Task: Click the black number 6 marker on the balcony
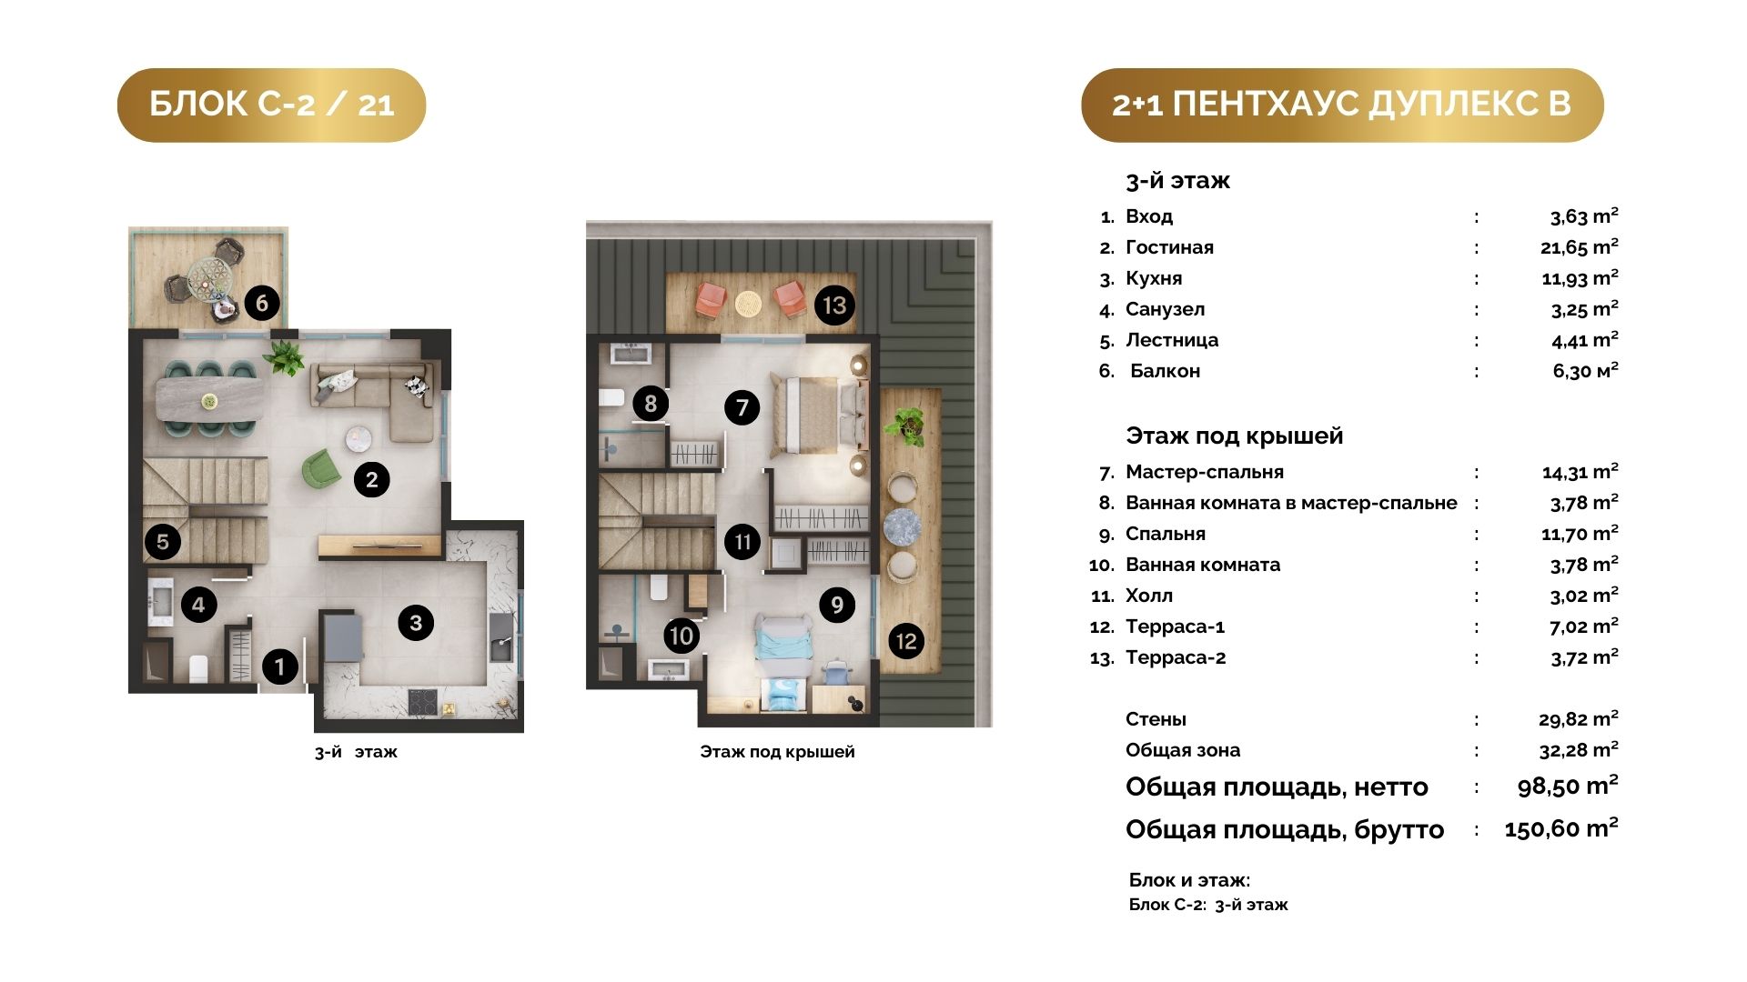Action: [262, 303]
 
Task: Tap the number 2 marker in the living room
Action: [371, 480]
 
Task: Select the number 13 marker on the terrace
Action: [834, 306]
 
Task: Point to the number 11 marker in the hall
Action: [742, 543]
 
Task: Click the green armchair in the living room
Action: [319, 468]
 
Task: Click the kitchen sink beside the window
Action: [501, 636]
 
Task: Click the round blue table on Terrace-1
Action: [902, 527]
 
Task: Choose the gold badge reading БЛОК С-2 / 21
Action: [271, 105]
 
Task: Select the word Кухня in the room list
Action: [1154, 278]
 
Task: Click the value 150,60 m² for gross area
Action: [1561, 828]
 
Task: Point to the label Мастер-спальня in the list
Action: [1205, 472]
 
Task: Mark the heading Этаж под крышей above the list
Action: [1234, 436]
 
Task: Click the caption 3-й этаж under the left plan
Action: [356, 752]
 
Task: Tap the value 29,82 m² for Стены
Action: [1579, 719]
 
